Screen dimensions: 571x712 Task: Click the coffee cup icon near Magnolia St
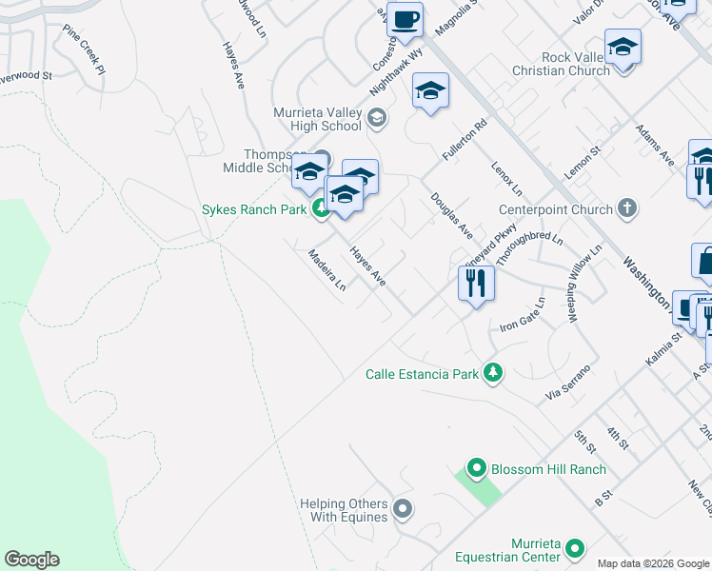[x=405, y=20]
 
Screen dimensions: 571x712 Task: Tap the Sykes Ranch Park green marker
[x=322, y=209]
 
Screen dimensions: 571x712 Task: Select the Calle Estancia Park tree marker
[x=492, y=374]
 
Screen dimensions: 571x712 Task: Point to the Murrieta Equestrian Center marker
[x=574, y=548]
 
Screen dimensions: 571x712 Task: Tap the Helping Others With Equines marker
[x=403, y=510]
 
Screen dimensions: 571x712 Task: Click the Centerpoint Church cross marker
[x=626, y=208]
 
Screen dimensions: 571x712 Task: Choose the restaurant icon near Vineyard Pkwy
[x=476, y=283]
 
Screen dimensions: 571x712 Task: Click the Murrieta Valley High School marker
[x=376, y=119]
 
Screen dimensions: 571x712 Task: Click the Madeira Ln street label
[x=326, y=270]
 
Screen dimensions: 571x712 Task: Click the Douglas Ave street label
[x=451, y=216]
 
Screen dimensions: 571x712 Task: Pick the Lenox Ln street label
[x=507, y=173]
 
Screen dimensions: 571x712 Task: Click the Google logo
[x=31, y=560]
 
